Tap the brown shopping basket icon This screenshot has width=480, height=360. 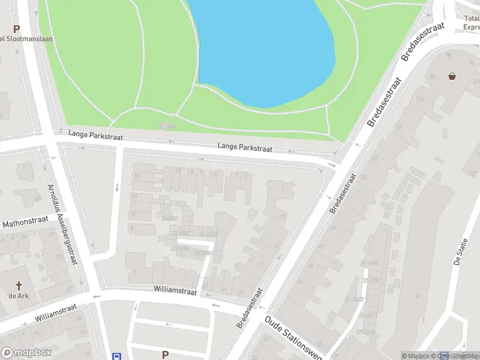point(452,76)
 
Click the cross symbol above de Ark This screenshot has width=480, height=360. point(19,286)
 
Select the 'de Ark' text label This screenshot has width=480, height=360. point(19,296)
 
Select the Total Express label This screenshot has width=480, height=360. point(472,23)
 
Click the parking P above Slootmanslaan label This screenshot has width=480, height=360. point(16,28)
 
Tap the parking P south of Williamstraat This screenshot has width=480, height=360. point(165,355)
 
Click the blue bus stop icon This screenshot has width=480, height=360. point(118,356)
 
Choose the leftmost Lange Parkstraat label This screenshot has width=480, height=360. point(95,136)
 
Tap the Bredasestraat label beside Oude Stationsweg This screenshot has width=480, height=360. point(250,308)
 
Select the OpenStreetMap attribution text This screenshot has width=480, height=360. point(460,356)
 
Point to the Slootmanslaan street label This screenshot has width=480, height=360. point(27,39)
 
